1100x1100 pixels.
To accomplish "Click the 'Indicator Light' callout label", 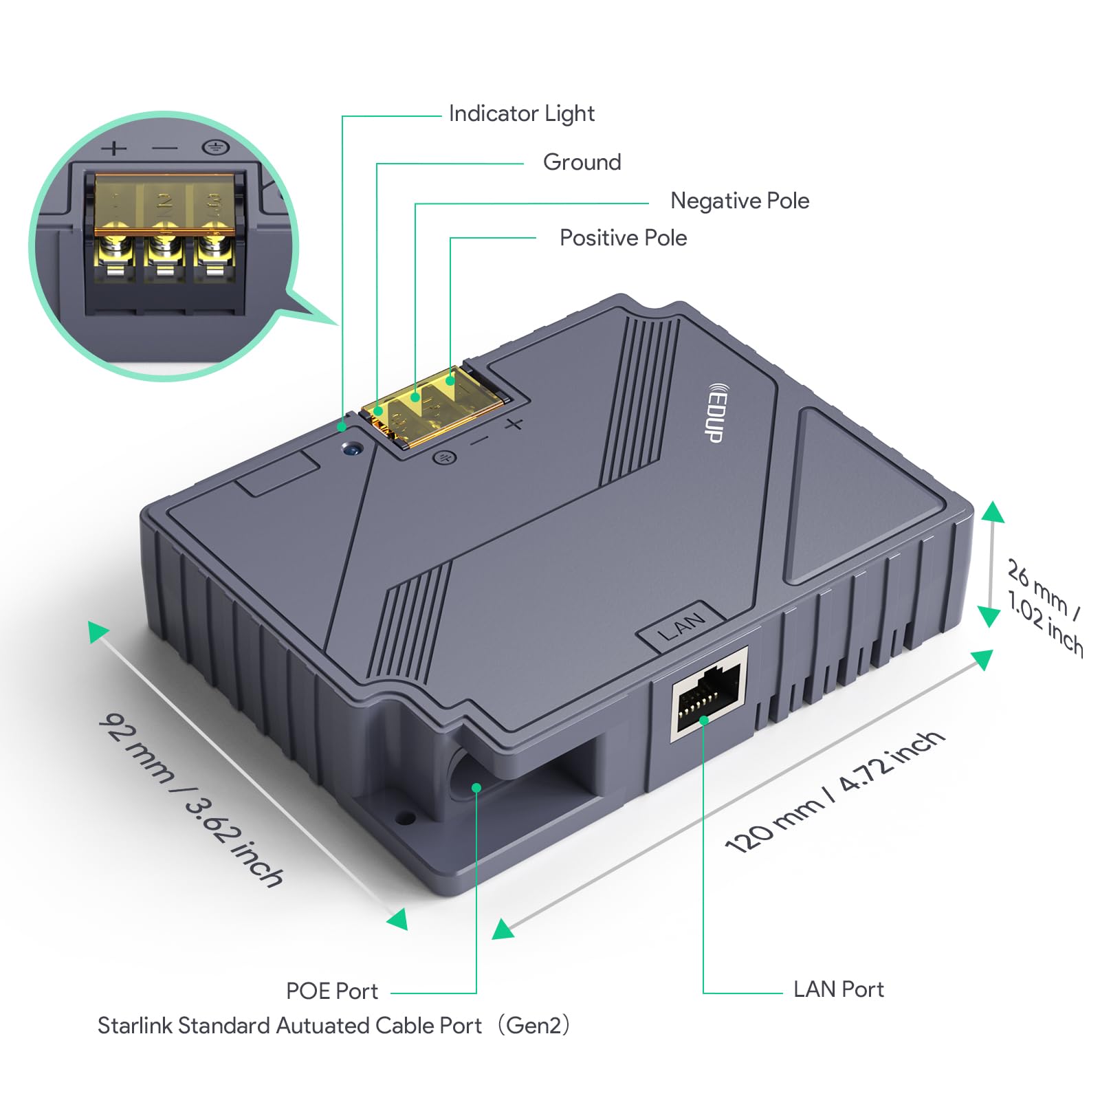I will point(521,113).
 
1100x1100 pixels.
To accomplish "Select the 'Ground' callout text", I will point(582,162).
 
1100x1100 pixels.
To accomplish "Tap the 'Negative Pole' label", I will point(739,201).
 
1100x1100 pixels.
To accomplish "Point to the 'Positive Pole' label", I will point(623,238).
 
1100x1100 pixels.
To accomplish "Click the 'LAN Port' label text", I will point(838,989).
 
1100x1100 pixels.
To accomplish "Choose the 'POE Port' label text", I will point(332,991).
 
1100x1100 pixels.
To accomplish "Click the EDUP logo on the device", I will point(715,413).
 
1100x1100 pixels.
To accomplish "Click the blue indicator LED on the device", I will point(353,450).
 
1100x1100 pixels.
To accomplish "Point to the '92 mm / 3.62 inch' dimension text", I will point(191,800).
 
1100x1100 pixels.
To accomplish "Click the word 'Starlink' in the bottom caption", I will point(135,1026).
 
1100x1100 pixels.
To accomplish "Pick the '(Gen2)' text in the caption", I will point(533,1026).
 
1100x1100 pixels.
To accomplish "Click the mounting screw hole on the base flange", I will point(406,818).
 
